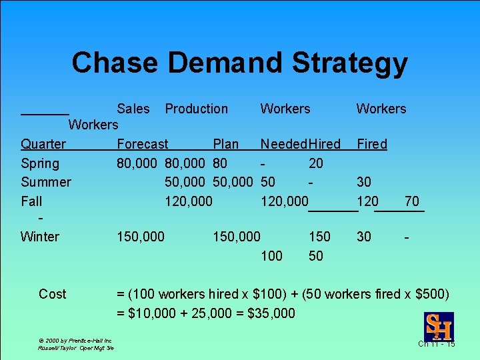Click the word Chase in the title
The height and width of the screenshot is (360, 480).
coord(115,63)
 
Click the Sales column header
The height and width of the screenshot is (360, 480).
coord(133,109)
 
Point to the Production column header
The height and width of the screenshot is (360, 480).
coord(196,109)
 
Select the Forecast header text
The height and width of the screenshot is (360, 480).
coord(143,144)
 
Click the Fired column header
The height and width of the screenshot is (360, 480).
coord(372,144)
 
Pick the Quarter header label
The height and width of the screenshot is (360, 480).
coord(43,144)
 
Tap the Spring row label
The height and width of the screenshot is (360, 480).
coord(40,163)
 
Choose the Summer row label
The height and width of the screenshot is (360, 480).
coord(46,182)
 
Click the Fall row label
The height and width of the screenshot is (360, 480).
coord(31,201)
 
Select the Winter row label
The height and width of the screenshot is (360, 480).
coord(40,237)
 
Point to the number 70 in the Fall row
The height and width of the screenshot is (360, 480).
coord(411,201)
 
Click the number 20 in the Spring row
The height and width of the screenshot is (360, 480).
coord(316,163)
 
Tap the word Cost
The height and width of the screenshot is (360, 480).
coord(53,294)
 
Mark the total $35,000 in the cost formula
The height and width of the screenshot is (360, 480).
coord(269,313)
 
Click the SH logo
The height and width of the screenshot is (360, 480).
coord(438,326)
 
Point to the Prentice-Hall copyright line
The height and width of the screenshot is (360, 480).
coord(75,341)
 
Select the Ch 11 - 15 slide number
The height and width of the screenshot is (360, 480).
coord(437,343)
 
